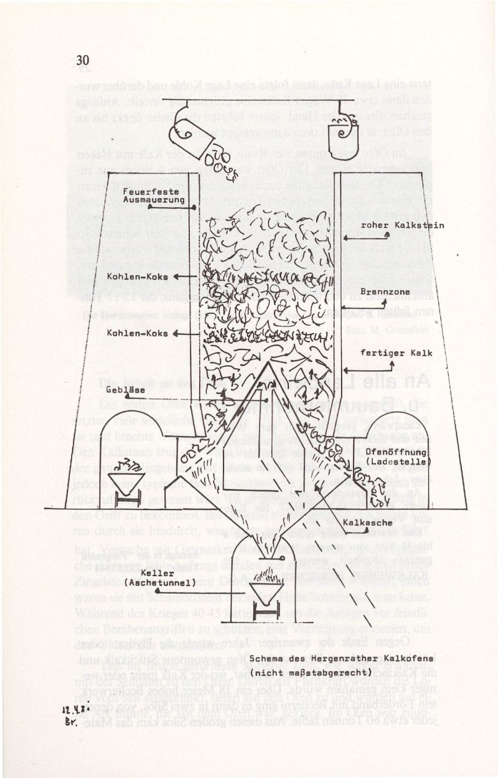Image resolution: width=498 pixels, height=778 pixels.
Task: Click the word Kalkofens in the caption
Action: pyautogui.click(x=386, y=659)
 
